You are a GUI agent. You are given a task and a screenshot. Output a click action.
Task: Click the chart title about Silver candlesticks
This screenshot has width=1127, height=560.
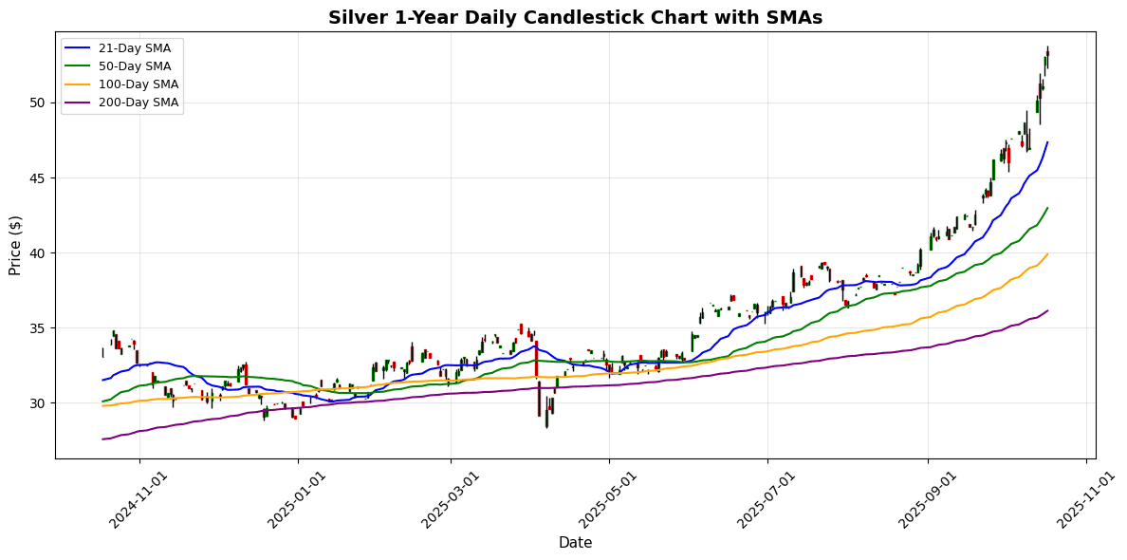coord(575,18)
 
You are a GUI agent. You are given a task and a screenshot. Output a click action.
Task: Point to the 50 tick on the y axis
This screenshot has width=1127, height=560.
coord(37,103)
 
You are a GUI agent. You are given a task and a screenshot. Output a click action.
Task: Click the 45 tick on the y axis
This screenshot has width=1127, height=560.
coord(37,177)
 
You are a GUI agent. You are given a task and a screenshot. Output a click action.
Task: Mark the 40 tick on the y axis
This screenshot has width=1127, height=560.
coord(37,252)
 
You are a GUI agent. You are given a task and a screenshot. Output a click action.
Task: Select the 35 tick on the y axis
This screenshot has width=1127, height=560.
coord(37,327)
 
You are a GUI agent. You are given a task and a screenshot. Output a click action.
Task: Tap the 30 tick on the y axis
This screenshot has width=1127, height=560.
coord(37,403)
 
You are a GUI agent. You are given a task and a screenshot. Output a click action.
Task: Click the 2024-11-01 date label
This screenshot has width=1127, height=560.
coord(132,499)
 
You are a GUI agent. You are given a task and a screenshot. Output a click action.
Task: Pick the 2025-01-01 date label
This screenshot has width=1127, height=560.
coord(290,499)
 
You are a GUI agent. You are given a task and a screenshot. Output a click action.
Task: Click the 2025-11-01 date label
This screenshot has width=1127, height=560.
coord(1078,499)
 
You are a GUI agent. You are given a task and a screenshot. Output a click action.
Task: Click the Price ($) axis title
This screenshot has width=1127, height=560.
coord(15,245)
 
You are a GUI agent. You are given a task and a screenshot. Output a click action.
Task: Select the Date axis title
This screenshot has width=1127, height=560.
coord(575,543)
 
